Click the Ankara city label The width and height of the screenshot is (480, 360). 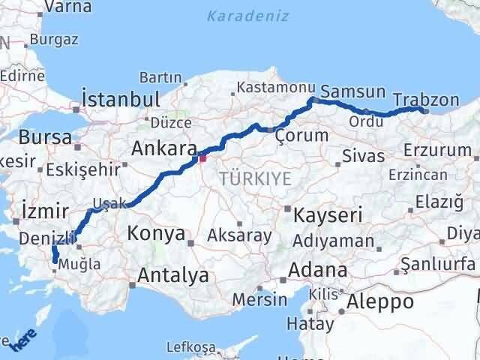coord(163,149)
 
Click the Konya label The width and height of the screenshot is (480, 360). coord(156,233)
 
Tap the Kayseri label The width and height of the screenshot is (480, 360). coord(327,214)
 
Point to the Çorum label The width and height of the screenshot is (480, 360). coord(301,136)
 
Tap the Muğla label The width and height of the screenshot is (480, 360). coord(82,263)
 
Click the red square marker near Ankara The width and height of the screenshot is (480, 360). coord(201,157)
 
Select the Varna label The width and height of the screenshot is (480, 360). coord(64,7)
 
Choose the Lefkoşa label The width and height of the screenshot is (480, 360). coord(187,346)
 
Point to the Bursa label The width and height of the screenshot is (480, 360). coord(45,137)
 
